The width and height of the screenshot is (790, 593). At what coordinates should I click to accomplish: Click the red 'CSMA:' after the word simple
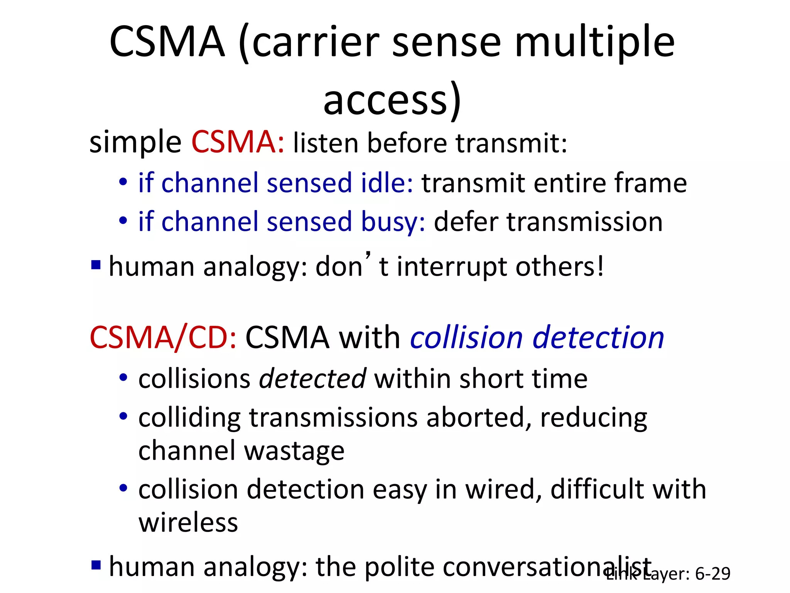[x=238, y=142]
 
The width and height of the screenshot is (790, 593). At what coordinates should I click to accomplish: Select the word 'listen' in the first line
[x=326, y=143]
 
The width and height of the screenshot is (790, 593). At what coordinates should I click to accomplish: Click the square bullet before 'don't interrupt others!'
[x=96, y=265]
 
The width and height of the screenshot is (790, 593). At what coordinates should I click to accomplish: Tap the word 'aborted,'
[x=478, y=418]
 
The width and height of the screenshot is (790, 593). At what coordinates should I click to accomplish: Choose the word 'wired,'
[x=504, y=490]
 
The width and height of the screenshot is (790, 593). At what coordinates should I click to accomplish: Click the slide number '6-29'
[x=712, y=574]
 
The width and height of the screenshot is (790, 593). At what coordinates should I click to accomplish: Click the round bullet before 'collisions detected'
[x=123, y=378]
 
